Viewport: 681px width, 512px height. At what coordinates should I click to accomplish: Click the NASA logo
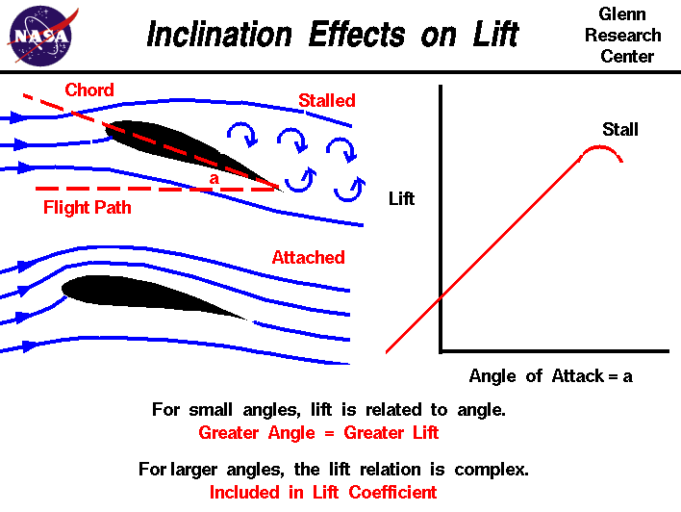click(x=41, y=36)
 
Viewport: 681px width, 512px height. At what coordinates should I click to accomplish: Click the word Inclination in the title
click(x=219, y=34)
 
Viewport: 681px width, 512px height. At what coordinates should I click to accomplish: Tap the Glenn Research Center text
click(x=622, y=36)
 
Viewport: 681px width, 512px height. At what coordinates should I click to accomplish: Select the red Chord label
click(x=89, y=90)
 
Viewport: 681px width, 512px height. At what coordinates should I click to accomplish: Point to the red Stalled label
click(x=327, y=100)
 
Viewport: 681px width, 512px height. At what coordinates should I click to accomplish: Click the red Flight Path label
click(x=88, y=207)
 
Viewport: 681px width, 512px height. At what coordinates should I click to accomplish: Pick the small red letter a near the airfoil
click(x=214, y=178)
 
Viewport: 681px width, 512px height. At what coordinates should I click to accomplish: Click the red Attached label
click(x=309, y=257)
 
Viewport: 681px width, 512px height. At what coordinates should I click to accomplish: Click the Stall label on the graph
click(x=620, y=129)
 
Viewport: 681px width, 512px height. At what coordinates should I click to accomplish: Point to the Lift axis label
click(x=401, y=198)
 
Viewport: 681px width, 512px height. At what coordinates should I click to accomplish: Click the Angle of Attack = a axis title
click(x=551, y=376)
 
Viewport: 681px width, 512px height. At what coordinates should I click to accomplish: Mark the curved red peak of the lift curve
click(x=600, y=147)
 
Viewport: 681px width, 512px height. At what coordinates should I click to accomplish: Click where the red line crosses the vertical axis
click(x=441, y=297)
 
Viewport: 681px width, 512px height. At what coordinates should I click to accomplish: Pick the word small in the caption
click(x=211, y=409)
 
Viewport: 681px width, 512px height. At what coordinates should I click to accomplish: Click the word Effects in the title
click(x=357, y=34)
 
